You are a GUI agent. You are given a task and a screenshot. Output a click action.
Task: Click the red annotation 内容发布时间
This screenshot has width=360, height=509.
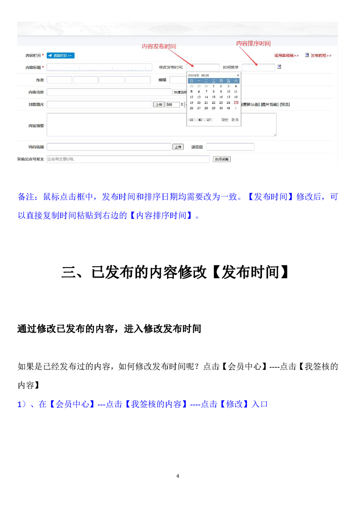158,46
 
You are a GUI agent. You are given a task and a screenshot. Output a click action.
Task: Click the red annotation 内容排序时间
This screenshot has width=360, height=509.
253,44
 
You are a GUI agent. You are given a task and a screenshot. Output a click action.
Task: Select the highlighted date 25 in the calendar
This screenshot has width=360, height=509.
236,103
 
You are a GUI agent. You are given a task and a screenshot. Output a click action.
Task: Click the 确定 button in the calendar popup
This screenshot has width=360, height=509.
225,120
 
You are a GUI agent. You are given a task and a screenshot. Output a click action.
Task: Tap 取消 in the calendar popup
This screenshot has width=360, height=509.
235,120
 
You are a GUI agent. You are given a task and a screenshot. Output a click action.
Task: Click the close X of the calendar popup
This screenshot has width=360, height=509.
238,75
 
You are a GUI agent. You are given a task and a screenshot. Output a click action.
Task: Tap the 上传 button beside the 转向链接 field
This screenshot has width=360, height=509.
178,147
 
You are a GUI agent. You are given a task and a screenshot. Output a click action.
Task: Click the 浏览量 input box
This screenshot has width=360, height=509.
230,147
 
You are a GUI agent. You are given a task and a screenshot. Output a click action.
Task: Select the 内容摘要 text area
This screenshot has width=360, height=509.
161,125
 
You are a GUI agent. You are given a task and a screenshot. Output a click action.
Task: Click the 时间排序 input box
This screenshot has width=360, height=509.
258,68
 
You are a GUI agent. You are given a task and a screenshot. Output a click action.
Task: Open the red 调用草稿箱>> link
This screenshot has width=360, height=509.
286,55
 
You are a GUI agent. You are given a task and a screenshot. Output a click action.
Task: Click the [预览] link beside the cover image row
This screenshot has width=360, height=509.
285,104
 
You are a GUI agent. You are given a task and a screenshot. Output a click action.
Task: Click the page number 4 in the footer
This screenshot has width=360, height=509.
178,476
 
